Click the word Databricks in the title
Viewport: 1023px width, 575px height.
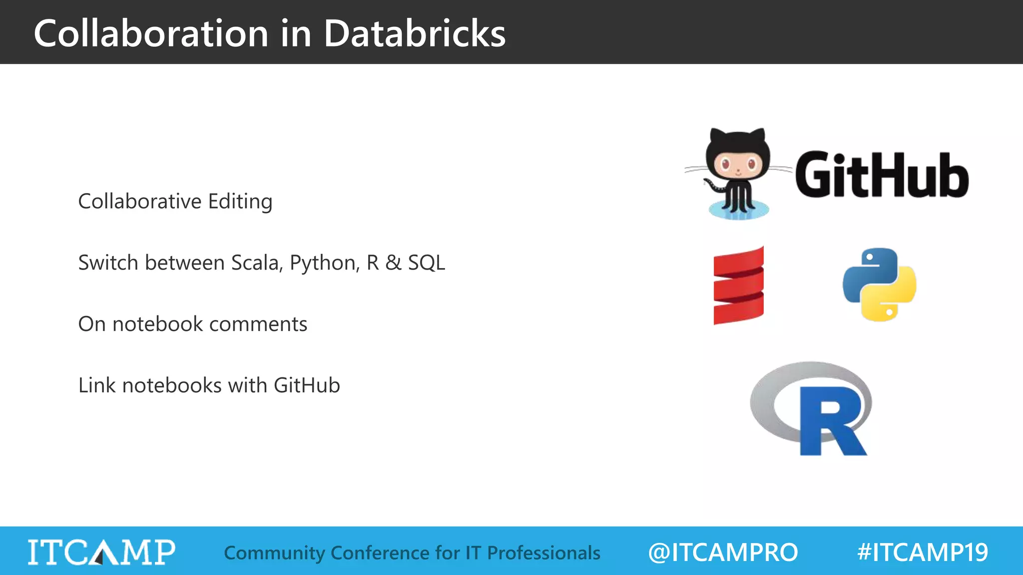click(414, 33)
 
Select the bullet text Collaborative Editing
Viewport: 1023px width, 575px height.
click(175, 202)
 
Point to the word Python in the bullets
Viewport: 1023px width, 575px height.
click(325, 263)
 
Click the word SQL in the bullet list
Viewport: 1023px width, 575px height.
click(426, 263)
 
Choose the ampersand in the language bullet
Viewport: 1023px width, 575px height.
click(393, 263)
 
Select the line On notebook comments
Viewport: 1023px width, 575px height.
click(192, 324)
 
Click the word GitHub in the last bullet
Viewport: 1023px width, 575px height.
click(307, 385)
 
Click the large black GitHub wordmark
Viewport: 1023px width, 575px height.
click(882, 175)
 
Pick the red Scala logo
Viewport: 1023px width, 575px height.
click(739, 286)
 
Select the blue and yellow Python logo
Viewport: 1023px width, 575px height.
click(879, 285)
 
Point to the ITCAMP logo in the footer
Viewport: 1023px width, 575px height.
click(101, 552)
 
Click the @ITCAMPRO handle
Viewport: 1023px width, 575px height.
click(723, 553)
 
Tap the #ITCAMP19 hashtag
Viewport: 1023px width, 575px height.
click(922, 553)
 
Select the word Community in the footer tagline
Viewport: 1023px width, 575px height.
click(274, 553)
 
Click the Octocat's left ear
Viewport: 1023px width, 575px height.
click(717, 136)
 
